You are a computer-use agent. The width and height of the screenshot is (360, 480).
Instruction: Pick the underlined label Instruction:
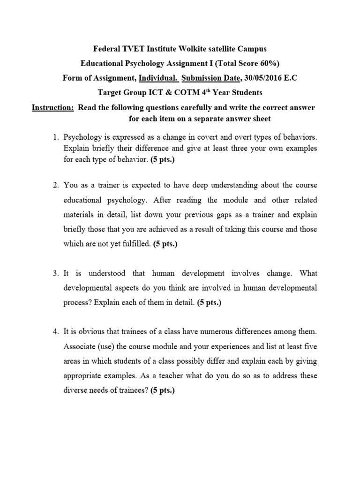pyautogui.click(x=52, y=108)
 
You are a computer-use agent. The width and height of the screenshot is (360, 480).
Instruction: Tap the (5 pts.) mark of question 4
pyautogui.click(x=162, y=391)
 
